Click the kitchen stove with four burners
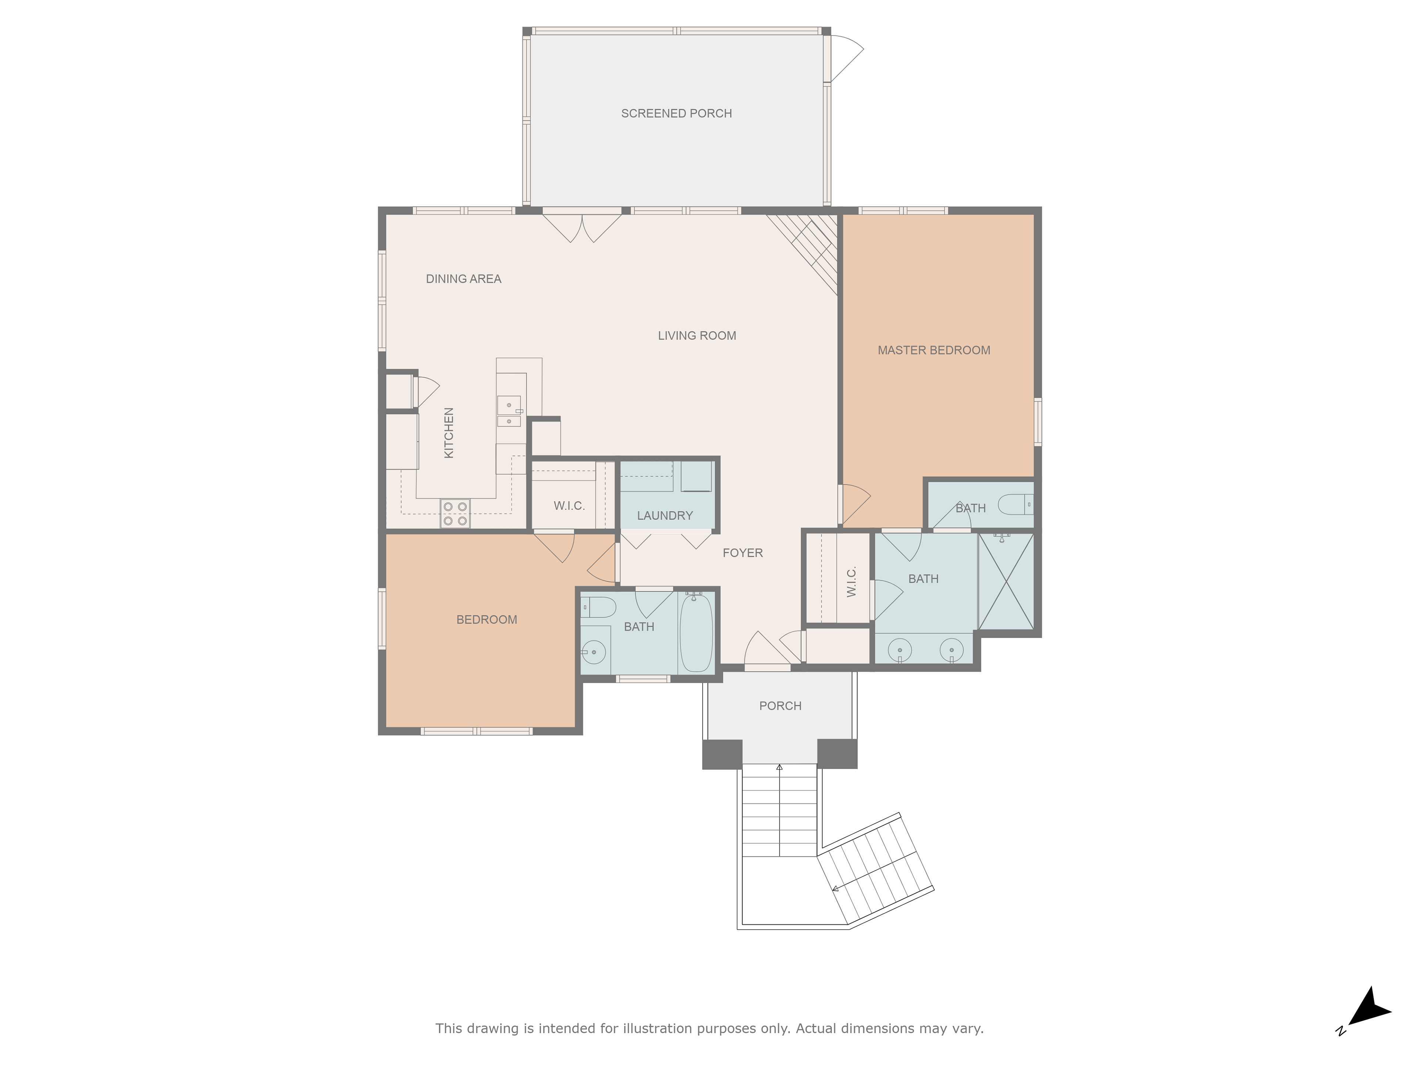click(x=455, y=514)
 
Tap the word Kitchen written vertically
click(x=449, y=433)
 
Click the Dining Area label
click(x=463, y=278)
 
